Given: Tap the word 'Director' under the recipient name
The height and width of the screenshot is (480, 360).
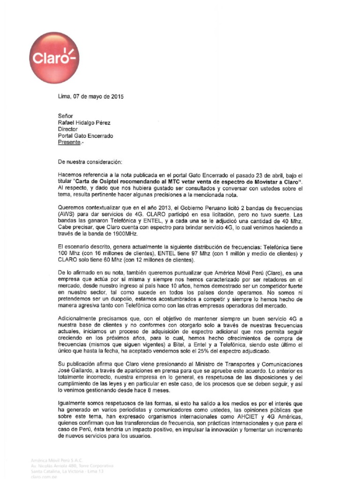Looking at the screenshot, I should click(x=68, y=130).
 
